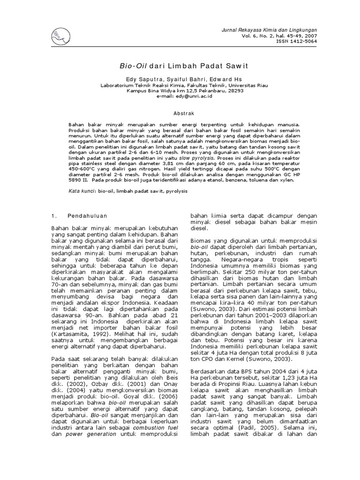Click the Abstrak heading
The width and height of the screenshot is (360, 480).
(180, 113)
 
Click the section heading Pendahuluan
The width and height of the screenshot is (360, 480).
(87, 216)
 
